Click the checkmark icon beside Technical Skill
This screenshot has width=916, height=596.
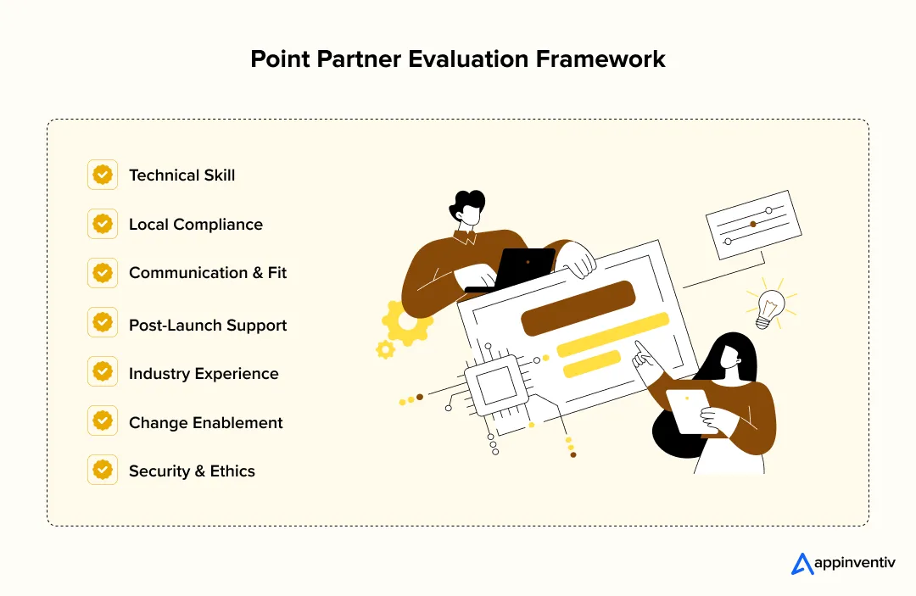tap(103, 175)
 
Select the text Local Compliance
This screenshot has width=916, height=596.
tap(195, 225)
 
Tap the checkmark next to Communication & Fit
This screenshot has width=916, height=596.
tap(103, 273)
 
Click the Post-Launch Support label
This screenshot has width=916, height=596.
tap(208, 326)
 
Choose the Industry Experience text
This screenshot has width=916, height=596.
tap(204, 374)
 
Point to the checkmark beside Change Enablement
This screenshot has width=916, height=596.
tap(103, 421)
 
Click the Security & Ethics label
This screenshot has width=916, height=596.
tap(192, 471)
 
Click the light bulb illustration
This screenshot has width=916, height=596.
tap(770, 307)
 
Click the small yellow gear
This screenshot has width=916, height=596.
tap(386, 348)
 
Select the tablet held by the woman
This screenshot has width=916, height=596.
tap(688, 410)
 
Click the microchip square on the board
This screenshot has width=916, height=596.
tap(494, 387)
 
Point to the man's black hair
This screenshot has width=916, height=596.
tap(469, 203)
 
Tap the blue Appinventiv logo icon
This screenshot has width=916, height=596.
tap(801, 564)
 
